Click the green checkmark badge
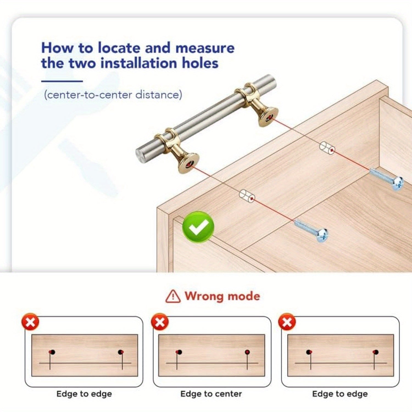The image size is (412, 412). pyautogui.click(x=198, y=227)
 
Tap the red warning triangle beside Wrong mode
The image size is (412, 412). pyautogui.click(x=173, y=296)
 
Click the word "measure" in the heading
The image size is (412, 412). pyautogui.click(x=205, y=48)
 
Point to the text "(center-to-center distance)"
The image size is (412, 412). pyautogui.click(x=113, y=95)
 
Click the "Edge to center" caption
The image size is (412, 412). pyautogui.click(x=211, y=394)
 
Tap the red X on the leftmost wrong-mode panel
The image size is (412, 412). pyautogui.click(x=30, y=322)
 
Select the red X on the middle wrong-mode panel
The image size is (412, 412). pyautogui.click(x=160, y=322)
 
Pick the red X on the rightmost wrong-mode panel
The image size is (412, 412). pyautogui.click(x=287, y=322)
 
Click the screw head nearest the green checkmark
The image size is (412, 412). pyautogui.click(x=322, y=235)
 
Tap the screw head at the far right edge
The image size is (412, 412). pyautogui.click(x=398, y=183)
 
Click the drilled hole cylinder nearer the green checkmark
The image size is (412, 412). pyautogui.click(x=247, y=196)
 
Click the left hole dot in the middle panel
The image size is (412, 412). pyautogui.click(x=179, y=352)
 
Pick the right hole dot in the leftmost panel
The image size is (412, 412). pyautogui.click(x=121, y=352)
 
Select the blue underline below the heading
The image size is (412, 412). pyautogui.click(x=62, y=81)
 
